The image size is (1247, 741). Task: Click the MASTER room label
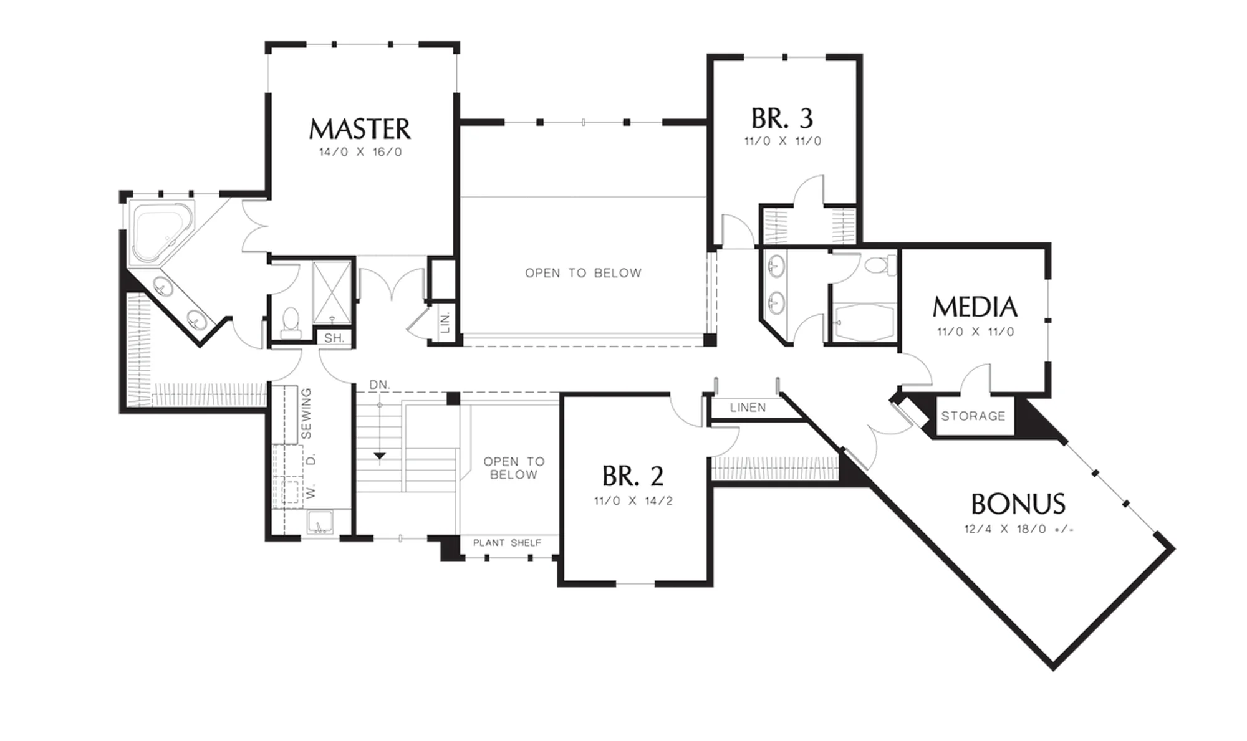[x=360, y=129]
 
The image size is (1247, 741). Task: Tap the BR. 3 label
[x=782, y=118]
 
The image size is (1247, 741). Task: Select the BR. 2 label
[x=632, y=476]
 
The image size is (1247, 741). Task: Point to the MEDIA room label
[x=975, y=307]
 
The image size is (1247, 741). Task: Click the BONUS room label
[x=1018, y=504]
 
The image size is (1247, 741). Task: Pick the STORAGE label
[x=973, y=416]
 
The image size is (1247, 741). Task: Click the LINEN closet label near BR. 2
[x=748, y=408]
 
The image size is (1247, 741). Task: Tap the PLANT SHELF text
[x=507, y=543]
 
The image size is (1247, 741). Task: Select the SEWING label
[x=306, y=413]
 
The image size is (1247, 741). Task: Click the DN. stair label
[x=379, y=385]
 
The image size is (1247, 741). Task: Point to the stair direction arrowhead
[x=379, y=456]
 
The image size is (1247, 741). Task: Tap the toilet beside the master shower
[x=291, y=322]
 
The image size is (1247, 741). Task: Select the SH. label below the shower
[x=334, y=338]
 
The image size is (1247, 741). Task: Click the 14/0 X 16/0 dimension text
[x=360, y=152]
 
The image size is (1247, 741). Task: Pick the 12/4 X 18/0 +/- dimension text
[x=1019, y=529]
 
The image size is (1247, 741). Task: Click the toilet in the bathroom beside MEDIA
[x=880, y=265]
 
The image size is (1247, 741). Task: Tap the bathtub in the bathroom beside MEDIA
[x=864, y=322]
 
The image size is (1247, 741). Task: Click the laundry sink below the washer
[x=320, y=522]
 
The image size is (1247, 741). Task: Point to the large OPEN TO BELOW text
[x=583, y=273]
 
